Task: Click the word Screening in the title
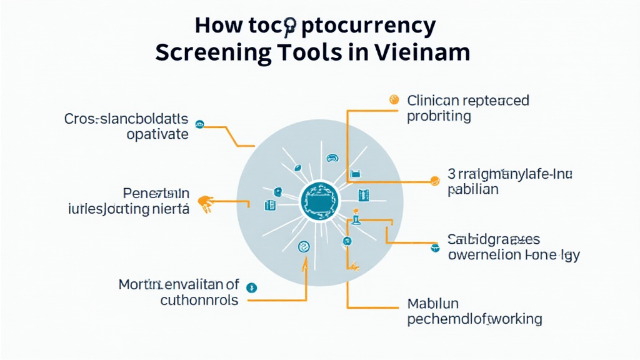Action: click(x=213, y=52)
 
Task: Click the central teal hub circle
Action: click(x=319, y=200)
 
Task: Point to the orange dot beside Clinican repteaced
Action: click(x=394, y=99)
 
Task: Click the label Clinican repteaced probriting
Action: click(x=467, y=108)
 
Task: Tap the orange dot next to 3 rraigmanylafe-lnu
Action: click(x=435, y=181)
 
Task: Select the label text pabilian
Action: click(x=473, y=189)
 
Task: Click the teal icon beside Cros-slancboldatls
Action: click(x=200, y=124)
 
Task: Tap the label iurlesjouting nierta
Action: click(x=128, y=209)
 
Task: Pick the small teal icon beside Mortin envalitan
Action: click(x=252, y=287)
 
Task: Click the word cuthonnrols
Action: click(x=199, y=300)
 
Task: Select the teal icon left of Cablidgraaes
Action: click(x=435, y=248)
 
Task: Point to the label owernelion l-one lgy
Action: click(x=514, y=255)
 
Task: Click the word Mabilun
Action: click(x=433, y=304)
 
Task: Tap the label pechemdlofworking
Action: click(x=474, y=319)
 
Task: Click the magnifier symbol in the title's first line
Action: click(x=289, y=26)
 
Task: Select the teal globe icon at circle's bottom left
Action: click(x=304, y=247)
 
